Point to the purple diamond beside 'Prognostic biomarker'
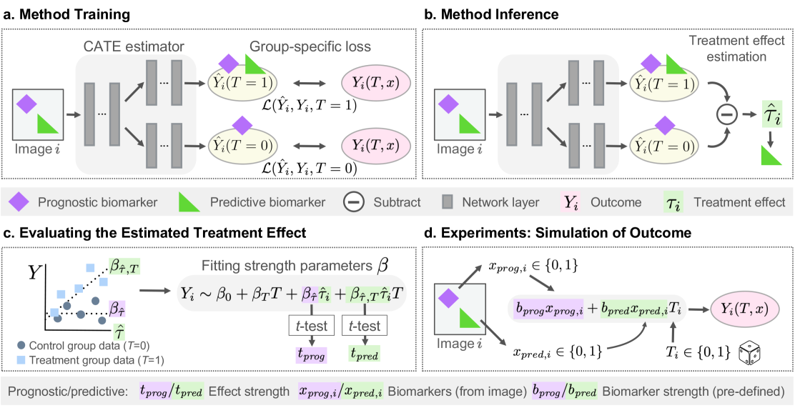(x=19, y=203)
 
